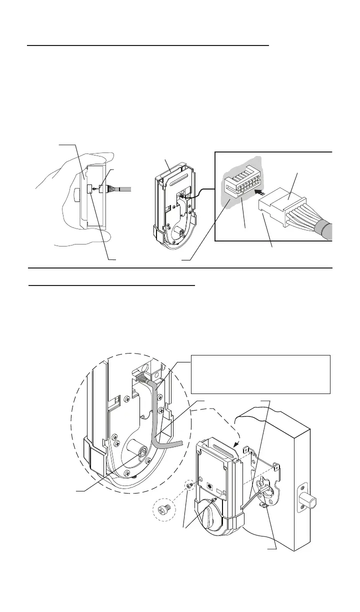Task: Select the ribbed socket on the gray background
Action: pos(241,186)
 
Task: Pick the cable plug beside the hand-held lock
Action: pos(106,189)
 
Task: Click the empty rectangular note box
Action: pos(261,374)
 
